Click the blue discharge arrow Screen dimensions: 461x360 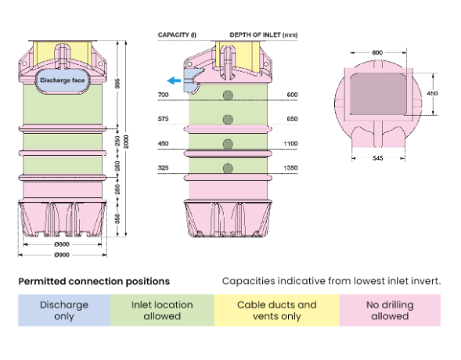(x=174, y=81)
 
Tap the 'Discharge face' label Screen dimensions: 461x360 (x=63, y=81)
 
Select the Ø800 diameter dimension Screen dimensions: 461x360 (x=62, y=244)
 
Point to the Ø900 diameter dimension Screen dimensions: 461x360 (x=62, y=255)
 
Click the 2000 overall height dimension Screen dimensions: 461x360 (x=126, y=142)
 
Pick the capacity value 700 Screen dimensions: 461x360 (x=163, y=95)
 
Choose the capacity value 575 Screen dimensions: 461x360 (x=163, y=119)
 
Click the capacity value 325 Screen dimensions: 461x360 (x=163, y=167)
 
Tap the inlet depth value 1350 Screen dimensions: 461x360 (x=290, y=167)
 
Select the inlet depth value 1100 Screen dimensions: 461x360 (x=290, y=143)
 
